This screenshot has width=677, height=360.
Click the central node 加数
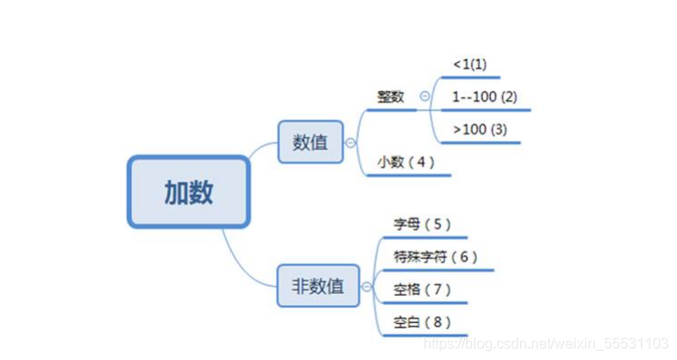188,191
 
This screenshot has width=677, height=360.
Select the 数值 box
311,142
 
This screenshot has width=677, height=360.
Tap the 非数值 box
318,286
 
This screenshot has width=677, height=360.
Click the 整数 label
391,97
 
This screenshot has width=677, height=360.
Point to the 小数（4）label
406,162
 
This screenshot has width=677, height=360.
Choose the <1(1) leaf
469,65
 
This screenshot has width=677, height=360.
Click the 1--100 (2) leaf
484,97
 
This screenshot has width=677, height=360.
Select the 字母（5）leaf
422,224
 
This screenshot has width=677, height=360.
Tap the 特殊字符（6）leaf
435,257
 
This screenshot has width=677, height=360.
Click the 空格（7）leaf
422,290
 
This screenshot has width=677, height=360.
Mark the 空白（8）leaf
422,322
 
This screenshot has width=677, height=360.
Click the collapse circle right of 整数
424,96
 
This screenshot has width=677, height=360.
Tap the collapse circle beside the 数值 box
350,142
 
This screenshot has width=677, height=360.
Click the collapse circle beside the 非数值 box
366,287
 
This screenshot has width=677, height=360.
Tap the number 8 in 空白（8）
436,322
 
